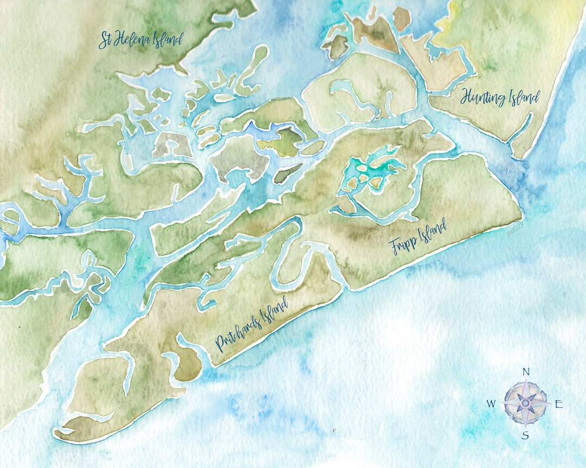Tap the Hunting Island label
click(500, 98)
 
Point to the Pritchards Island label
click(251, 327)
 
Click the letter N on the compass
click(525, 372)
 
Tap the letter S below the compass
click(525, 435)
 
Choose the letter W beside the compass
click(491, 404)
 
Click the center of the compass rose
click(525, 403)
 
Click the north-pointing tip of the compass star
click(525, 383)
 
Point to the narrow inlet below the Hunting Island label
click(521, 128)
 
